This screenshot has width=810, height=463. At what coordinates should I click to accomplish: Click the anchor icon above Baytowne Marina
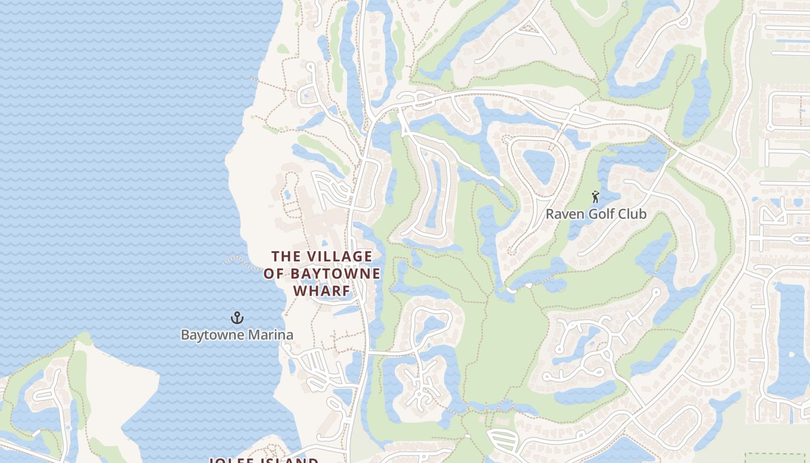tap(237, 317)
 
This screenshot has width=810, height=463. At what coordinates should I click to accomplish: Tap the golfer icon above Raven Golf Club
tap(595, 197)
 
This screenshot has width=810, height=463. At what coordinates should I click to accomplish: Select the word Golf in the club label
tap(602, 214)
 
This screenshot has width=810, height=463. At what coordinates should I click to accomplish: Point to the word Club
tap(633, 214)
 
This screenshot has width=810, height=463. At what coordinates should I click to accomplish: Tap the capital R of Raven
tap(550, 214)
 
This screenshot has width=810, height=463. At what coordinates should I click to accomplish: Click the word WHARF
tap(322, 291)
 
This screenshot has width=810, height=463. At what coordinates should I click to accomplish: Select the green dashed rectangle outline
tap(776, 457)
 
